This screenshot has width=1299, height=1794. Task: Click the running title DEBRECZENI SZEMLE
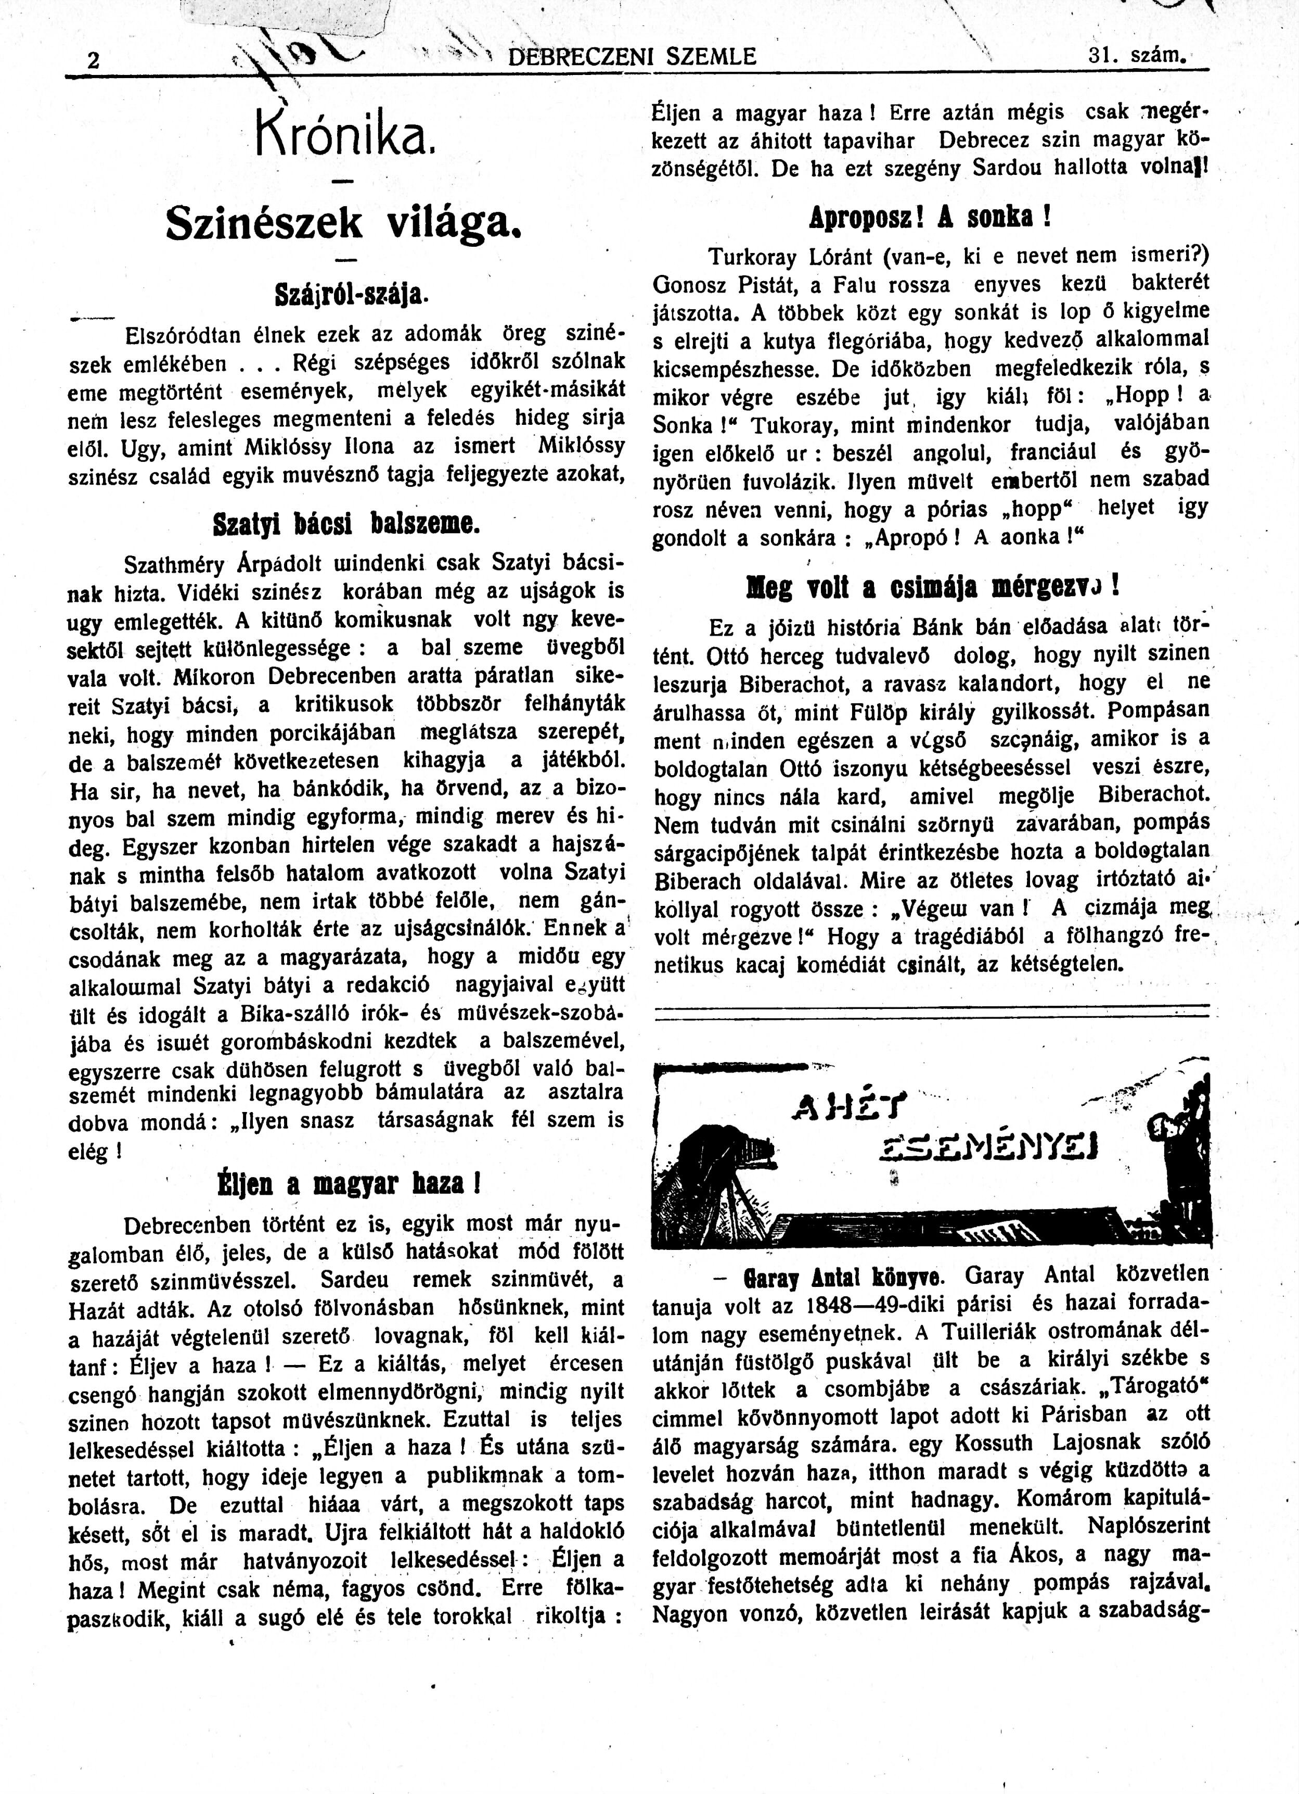tap(632, 56)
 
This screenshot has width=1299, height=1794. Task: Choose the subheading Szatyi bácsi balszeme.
tap(345, 524)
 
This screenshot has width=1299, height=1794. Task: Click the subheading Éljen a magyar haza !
tap(349, 1184)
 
